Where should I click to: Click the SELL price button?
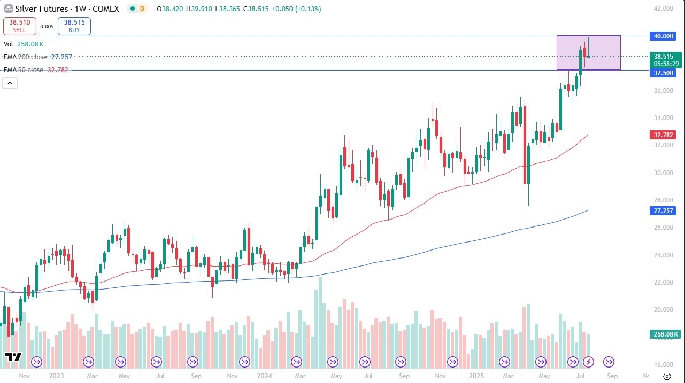point(19,26)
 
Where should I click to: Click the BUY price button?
point(74,26)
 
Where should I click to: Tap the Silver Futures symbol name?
point(42,9)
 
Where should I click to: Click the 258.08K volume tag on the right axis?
point(665,334)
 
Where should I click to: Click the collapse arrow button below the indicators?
point(10,83)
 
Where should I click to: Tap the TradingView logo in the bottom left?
point(13,358)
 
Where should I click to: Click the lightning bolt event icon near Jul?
point(588,362)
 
